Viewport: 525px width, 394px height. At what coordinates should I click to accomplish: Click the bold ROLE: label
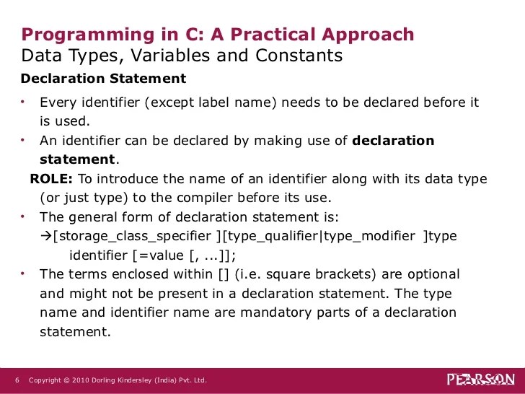(51, 178)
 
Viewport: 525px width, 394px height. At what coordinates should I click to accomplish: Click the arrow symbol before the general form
(45, 236)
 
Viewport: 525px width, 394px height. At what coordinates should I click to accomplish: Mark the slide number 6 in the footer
(17, 380)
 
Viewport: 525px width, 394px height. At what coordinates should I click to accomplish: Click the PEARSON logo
(480, 380)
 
